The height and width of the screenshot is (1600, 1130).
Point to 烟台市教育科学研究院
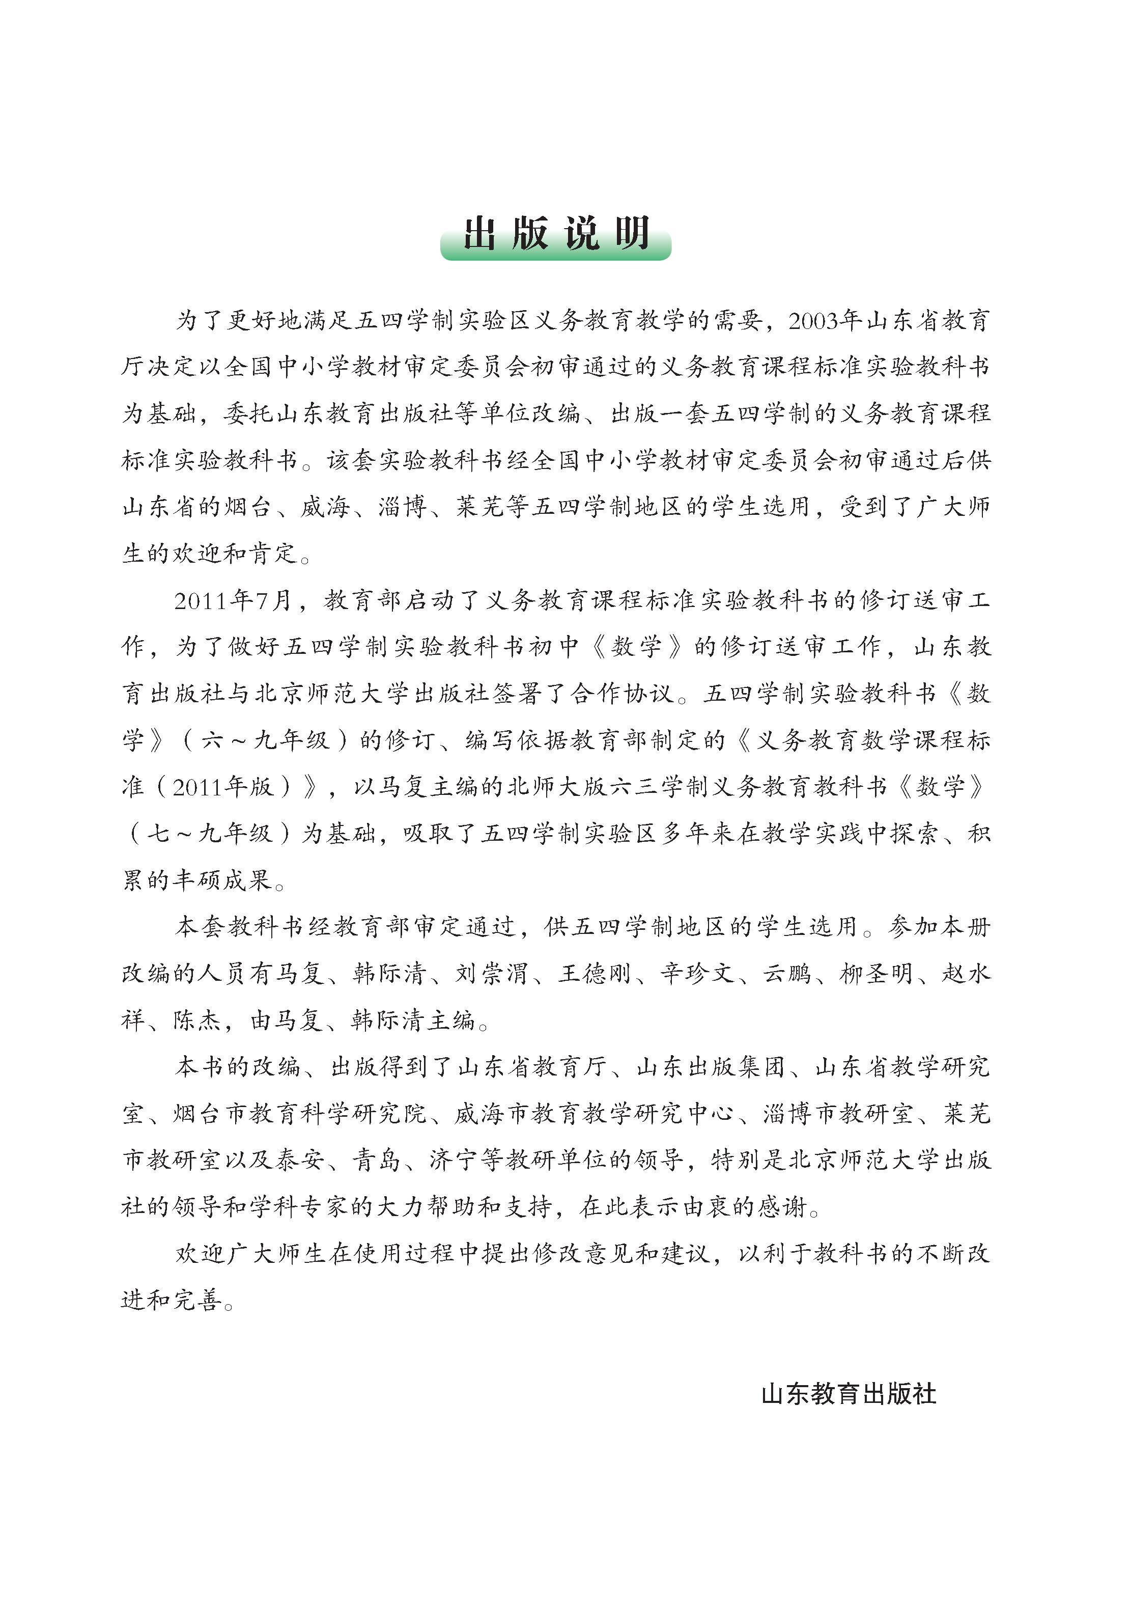[300, 1114]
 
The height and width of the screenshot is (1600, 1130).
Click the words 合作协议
[622, 694]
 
